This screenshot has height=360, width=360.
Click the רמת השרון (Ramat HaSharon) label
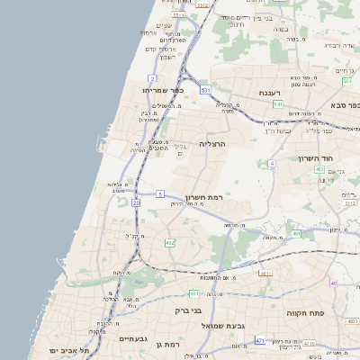[203, 197]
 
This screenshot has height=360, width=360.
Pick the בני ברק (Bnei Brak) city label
[187, 310]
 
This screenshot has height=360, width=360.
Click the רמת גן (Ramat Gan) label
[167, 344]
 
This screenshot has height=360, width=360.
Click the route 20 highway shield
[136, 203]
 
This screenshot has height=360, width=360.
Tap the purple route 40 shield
[333, 283]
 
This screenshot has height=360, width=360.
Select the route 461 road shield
[194, 293]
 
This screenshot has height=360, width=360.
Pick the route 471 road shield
[260, 341]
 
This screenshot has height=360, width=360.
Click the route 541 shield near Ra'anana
[278, 104]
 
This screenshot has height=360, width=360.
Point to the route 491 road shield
[265, 273]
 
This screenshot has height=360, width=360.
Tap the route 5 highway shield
[159, 193]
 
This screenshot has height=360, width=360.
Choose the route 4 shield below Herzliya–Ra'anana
[271, 164]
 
